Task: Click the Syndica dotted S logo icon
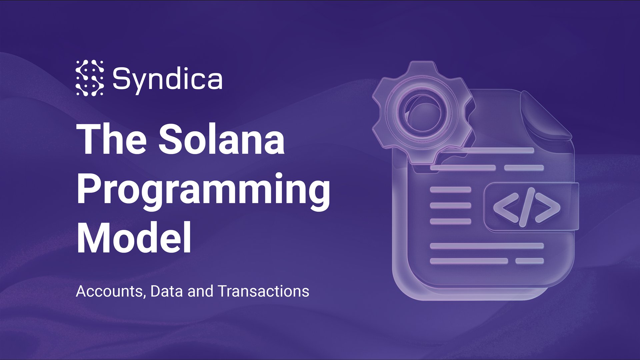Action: click(90, 78)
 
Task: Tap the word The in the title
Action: click(111, 139)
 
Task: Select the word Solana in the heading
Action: click(222, 139)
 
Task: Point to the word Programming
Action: click(203, 189)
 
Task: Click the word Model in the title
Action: click(134, 238)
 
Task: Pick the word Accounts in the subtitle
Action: click(109, 291)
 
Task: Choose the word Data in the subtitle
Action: click(167, 291)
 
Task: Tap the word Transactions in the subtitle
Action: click(264, 291)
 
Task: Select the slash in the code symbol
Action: click(527, 207)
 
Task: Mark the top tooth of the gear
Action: click(423, 67)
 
